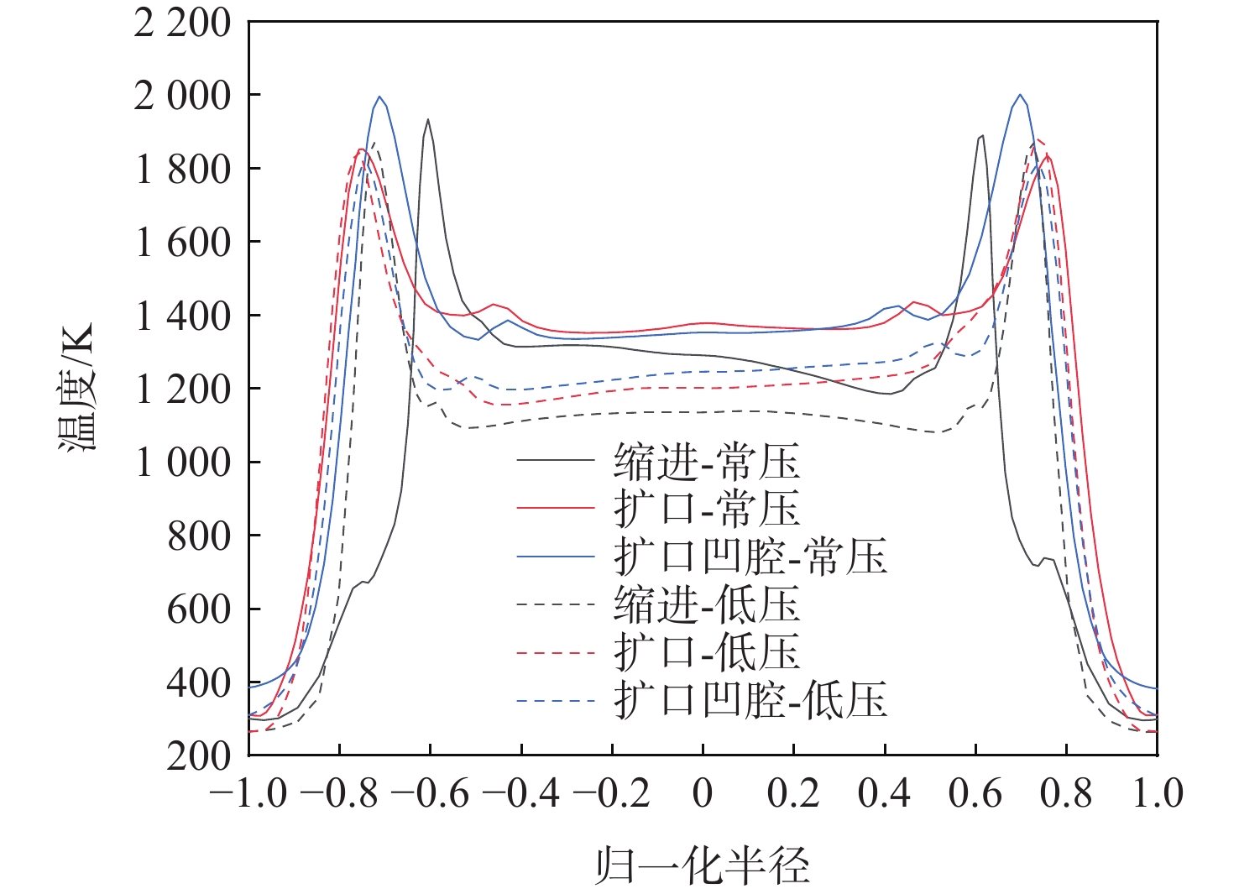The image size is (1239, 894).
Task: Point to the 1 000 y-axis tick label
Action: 181,463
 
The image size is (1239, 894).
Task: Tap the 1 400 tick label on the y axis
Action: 181,316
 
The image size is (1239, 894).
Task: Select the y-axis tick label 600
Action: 198,609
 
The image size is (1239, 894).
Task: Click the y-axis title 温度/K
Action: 77,387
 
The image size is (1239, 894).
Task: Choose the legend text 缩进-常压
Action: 706,462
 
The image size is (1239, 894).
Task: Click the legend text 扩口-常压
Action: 706,509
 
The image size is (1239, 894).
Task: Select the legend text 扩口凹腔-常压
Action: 750,557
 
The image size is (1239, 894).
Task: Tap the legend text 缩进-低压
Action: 706,604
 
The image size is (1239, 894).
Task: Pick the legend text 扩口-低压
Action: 706,652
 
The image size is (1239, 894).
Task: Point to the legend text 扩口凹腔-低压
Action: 750,700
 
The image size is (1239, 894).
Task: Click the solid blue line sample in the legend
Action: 556,557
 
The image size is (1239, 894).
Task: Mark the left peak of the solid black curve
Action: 428,119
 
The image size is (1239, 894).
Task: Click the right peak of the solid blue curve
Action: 1020,95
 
